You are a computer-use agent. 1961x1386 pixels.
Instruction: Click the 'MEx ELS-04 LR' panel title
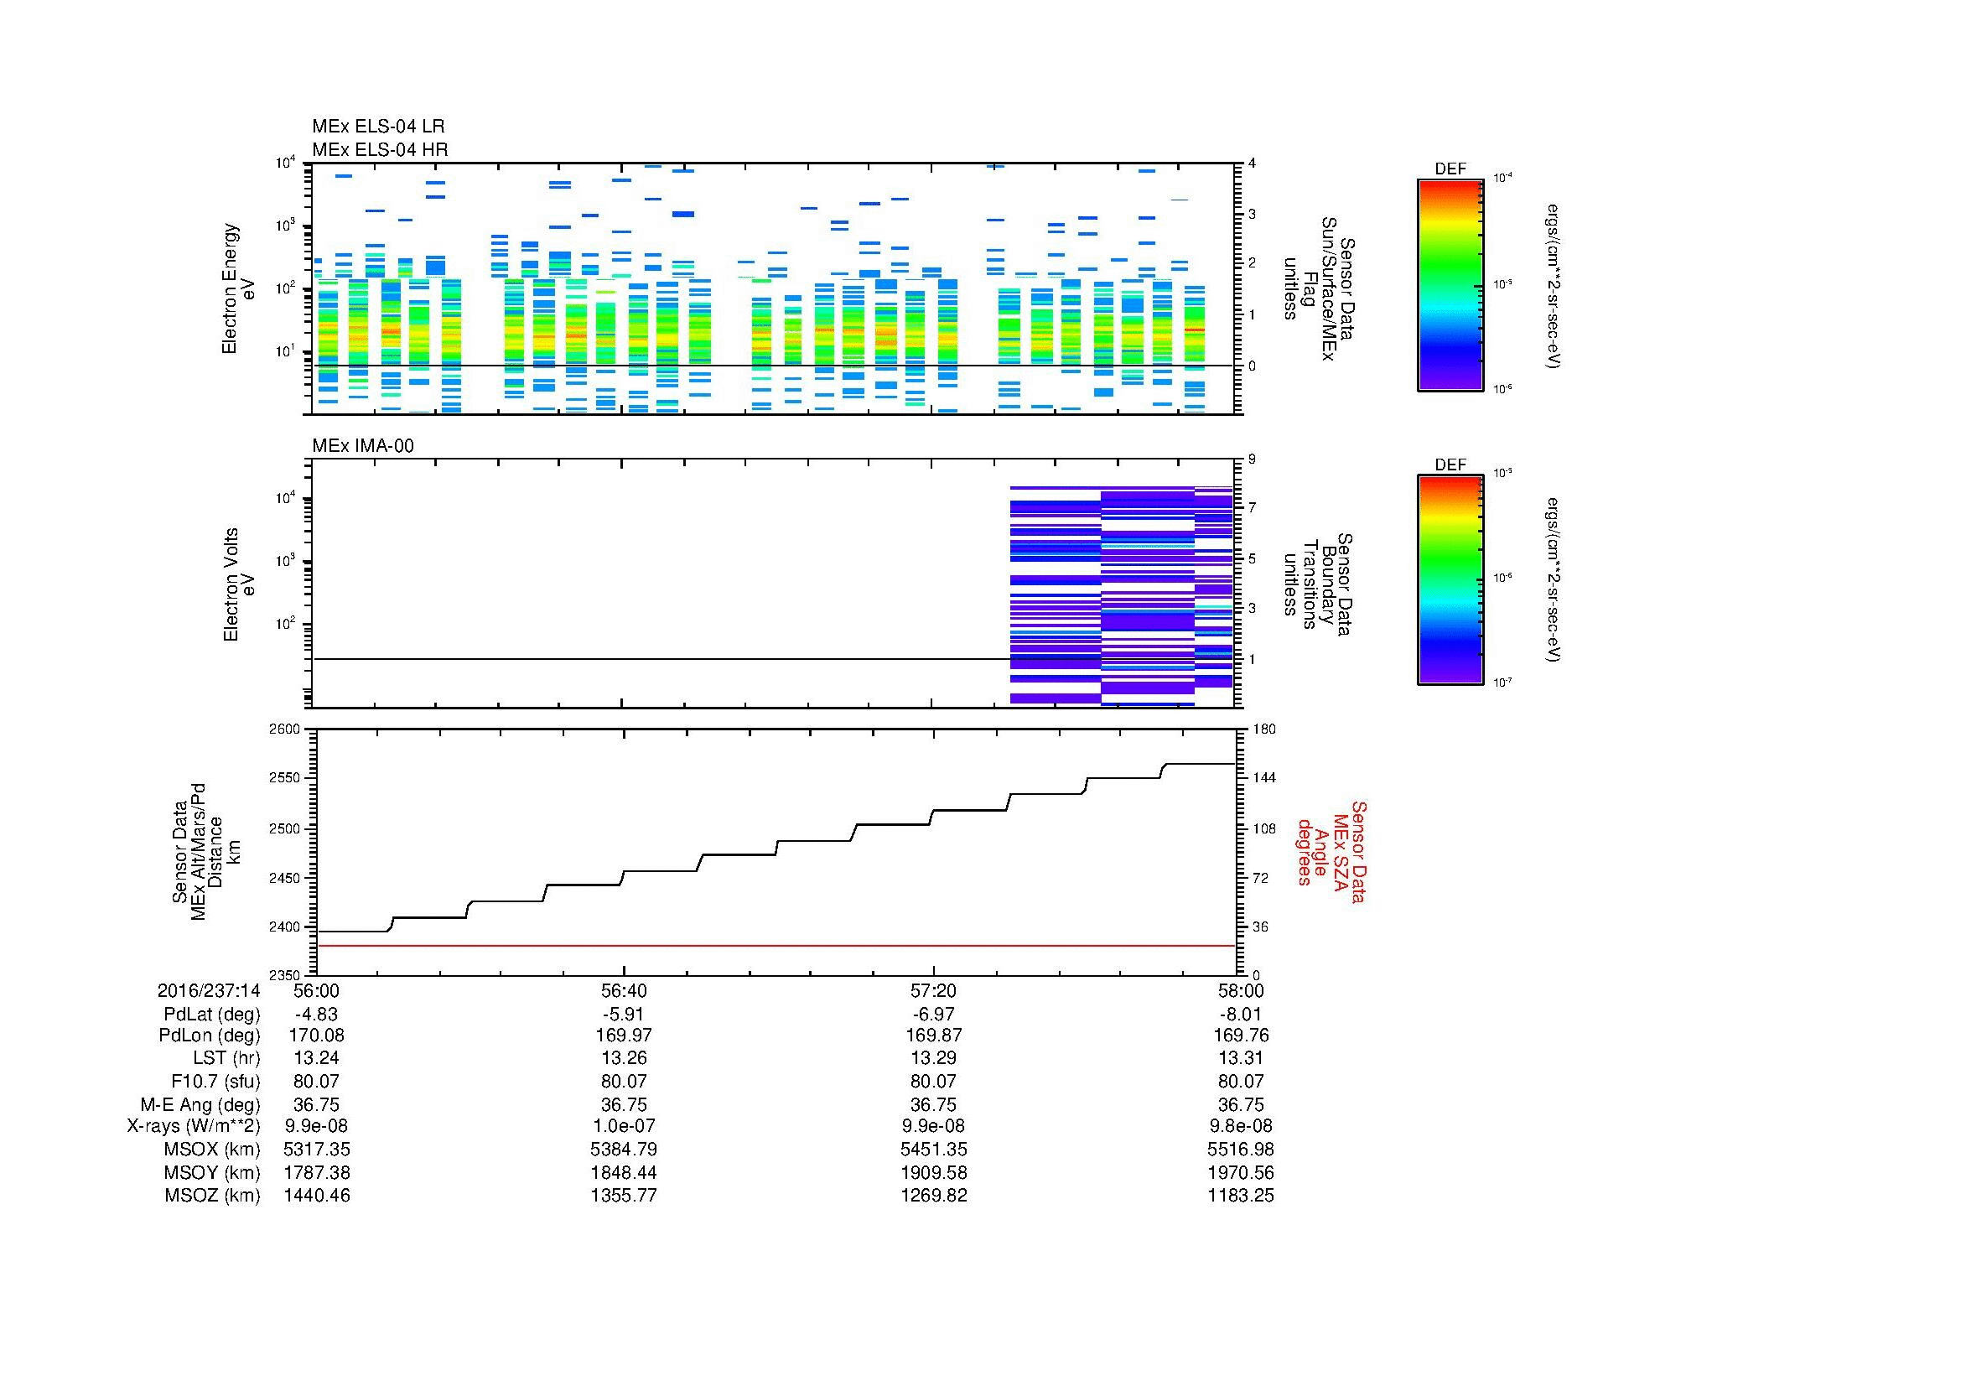pos(377,127)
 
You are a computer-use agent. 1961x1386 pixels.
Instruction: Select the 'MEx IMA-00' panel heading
pos(362,446)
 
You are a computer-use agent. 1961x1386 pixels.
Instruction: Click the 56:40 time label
pos(625,990)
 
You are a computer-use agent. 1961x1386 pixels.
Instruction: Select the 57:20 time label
pos(934,990)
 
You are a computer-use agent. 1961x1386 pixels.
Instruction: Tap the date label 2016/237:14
pos(209,990)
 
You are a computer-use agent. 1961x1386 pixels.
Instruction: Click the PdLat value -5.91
pos(625,1015)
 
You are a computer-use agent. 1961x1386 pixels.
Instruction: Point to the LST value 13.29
pos(934,1058)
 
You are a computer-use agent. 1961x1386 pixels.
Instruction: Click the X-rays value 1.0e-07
pos(625,1126)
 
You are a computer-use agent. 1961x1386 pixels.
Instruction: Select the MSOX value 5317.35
pos(317,1150)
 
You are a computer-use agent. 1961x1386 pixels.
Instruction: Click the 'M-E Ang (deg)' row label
pos(200,1104)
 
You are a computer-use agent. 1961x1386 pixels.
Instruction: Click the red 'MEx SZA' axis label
pos(1331,852)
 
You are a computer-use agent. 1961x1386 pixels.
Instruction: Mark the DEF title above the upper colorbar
pos(1450,169)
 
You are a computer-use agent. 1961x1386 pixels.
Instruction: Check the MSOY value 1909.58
pos(934,1172)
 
